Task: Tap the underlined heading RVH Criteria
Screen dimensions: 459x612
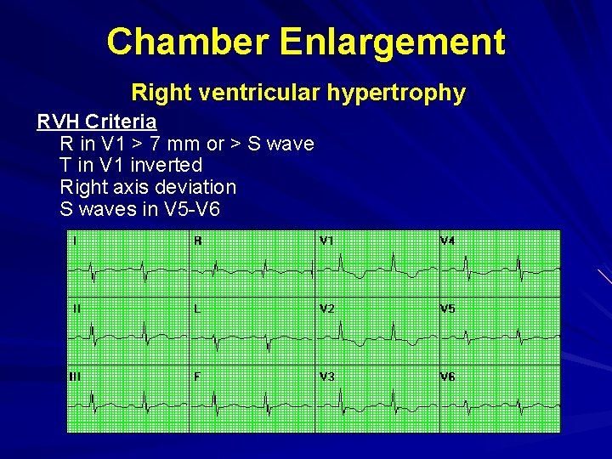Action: (x=96, y=122)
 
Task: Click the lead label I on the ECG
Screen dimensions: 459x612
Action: (x=75, y=241)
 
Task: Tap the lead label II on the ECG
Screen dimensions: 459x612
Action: (x=76, y=309)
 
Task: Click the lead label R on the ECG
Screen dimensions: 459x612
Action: (x=198, y=241)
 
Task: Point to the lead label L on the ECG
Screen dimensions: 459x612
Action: (x=197, y=309)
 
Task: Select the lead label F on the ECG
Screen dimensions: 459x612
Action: (x=197, y=376)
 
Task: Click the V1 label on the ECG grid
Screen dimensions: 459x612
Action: (x=326, y=241)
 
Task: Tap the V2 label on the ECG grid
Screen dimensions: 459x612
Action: (x=327, y=309)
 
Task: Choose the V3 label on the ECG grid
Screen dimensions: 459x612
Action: (x=327, y=376)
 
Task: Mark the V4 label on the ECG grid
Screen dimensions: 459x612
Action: (x=447, y=241)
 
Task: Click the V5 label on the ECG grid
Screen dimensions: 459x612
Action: (x=447, y=309)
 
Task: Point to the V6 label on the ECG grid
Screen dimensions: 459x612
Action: (x=447, y=376)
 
